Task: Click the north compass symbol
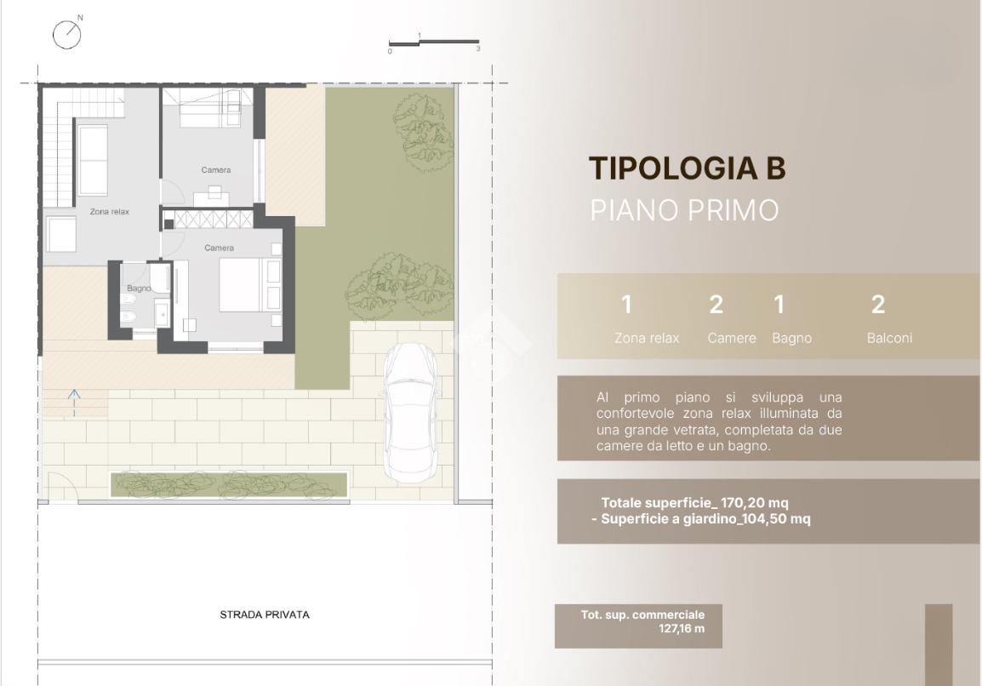pos(67,34)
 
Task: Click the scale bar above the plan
pos(433,43)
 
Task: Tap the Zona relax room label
pos(110,212)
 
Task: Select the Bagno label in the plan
pos(139,289)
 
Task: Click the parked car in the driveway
pos(410,413)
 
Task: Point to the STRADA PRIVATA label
pos(265,615)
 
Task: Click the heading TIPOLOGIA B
pos(687,168)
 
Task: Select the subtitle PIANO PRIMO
pos(684,210)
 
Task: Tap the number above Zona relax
pos(626,305)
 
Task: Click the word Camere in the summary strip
pos(732,338)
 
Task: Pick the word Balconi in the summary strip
pos(889,338)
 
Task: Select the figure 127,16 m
pos(682,628)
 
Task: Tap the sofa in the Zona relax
pos(94,160)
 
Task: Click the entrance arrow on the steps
pos(74,403)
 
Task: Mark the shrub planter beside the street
pos(229,485)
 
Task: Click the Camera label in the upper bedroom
pos(216,169)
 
